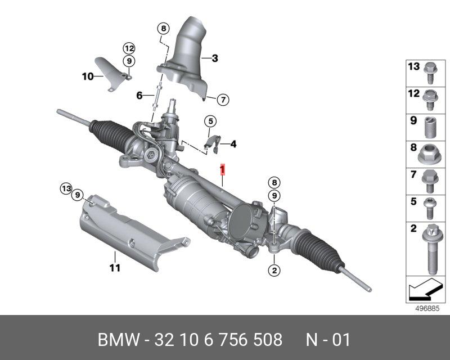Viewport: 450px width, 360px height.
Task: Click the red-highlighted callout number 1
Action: [223, 169]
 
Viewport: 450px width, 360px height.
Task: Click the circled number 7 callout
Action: [222, 100]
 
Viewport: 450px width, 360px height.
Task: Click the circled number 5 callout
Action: [210, 121]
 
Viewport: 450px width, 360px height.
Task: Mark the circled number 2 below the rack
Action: [274, 271]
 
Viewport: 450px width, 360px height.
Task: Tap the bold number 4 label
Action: [233, 144]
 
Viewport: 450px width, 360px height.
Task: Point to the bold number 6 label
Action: [139, 96]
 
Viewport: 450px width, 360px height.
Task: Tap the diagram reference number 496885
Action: [426, 309]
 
